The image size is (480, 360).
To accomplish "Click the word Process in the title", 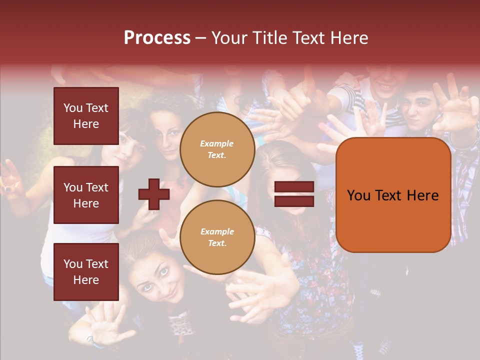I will click(x=157, y=38).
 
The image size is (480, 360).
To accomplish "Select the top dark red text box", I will click(x=86, y=116).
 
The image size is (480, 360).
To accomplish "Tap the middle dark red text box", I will click(x=86, y=195).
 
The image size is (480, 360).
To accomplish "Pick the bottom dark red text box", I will click(x=86, y=271).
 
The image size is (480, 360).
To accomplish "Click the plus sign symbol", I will click(x=154, y=194).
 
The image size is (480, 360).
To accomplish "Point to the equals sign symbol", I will click(x=294, y=194).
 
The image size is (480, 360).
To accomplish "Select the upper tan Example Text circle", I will click(x=217, y=149).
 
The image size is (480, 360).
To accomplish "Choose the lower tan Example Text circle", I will click(x=217, y=237).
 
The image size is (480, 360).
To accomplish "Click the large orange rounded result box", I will click(x=393, y=195).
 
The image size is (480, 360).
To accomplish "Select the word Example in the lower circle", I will click(x=217, y=231).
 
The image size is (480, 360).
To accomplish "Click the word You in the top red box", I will click(x=73, y=108).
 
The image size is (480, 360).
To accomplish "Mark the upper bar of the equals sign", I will click(x=294, y=186).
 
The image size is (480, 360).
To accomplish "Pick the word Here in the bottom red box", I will click(x=86, y=280).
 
